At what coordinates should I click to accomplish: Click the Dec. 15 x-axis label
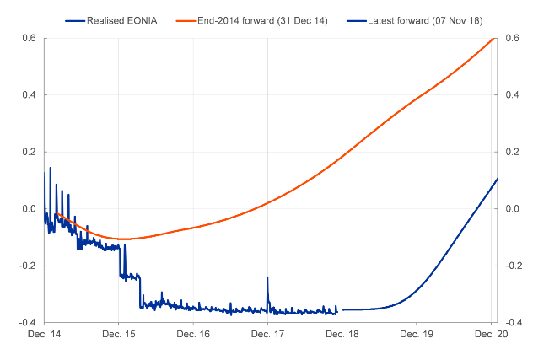pyautogui.click(x=118, y=334)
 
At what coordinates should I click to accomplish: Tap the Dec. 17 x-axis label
pyautogui.click(x=267, y=334)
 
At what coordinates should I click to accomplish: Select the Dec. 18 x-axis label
pyautogui.click(x=342, y=334)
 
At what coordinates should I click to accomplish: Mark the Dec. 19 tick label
pyautogui.click(x=416, y=334)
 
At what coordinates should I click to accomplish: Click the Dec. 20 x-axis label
pyautogui.click(x=490, y=334)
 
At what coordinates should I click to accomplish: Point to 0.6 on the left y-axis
pyautogui.click(x=29, y=39)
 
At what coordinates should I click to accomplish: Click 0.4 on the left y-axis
pyautogui.click(x=29, y=95)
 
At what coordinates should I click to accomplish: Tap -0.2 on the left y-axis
pyautogui.click(x=27, y=266)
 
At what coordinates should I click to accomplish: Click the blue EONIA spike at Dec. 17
pyautogui.click(x=267, y=278)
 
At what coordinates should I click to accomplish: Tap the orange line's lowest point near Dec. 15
pyautogui.click(x=123, y=239)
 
